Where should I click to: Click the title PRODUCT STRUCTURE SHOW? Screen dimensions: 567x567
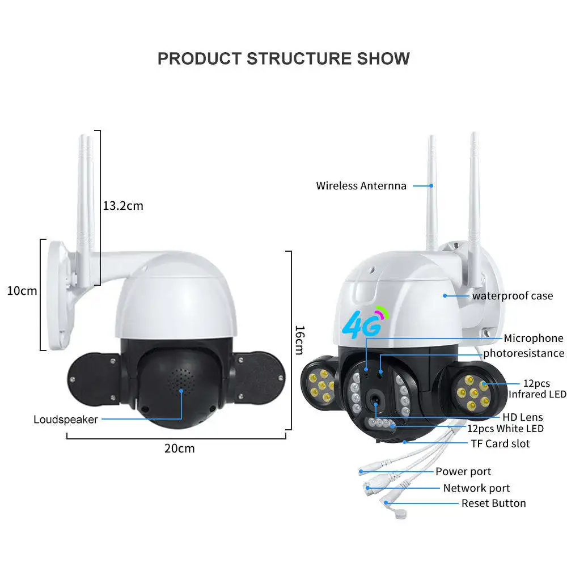pyautogui.click(x=283, y=58)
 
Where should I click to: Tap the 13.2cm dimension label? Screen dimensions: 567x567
pyautogui.click(x=123, y=206)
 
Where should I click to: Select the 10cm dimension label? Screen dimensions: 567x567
pyautogui.click(x=22, y=291)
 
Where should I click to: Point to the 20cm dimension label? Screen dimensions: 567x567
pyautogui.click(x=179, y=448)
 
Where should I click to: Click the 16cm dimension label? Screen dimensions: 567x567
pyautogui.click(x=300, y=340)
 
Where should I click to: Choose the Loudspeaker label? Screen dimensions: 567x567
pyautogui.click(x=66, y=420)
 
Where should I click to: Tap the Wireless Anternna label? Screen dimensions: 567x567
pyautogui.click(x=361, y=185)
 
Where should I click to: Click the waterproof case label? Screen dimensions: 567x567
pyautogui.click(x=512, y=295)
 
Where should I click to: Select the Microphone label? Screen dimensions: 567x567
pyautogui.click(x=534, y=338)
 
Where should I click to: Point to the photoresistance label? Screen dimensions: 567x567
pyautogui.click(x=523, y=353)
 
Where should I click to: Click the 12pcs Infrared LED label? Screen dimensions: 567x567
pyautogui.click(x=537, y=389)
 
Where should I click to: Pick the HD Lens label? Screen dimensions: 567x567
pyautogui.click(x=523, y=418)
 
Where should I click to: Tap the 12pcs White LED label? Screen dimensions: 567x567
pyautogui.click(x=505, y=429)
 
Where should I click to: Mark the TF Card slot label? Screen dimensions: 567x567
pyautogui.click(x=501, y=443)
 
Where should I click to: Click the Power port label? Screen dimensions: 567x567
pyautogui.click(x=463, y=471)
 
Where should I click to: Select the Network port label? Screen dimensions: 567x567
pyautogui.click(x=476, y=488)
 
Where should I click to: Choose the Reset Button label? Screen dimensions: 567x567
pyautogui.click(x=493, y=503)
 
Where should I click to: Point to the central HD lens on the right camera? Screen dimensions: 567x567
pyautogui.click(x=375, y=401)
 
